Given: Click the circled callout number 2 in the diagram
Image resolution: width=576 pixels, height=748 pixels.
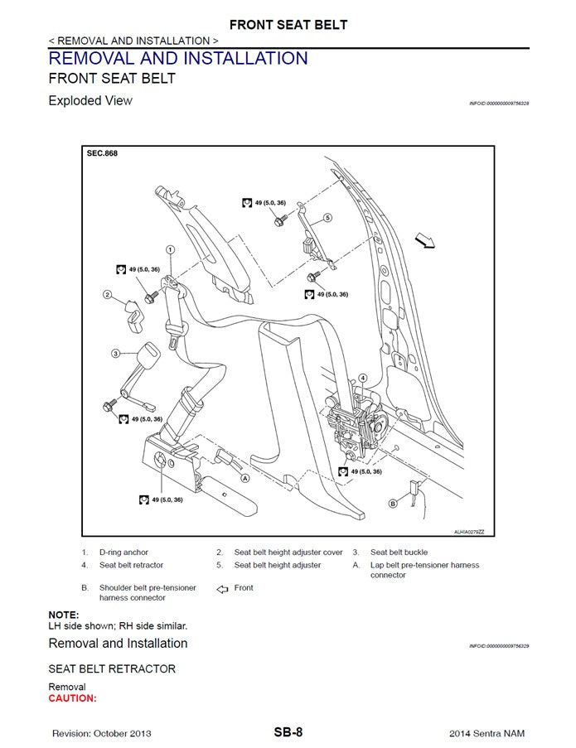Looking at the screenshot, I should [107, 294].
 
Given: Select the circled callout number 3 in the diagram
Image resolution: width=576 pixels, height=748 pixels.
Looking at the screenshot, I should [115, 354].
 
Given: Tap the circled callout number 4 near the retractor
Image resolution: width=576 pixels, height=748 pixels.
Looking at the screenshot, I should [362, 378].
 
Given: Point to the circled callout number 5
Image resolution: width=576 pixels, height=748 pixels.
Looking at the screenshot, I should [327, 218].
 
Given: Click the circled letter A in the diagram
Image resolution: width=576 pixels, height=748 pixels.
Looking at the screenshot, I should [245, 478].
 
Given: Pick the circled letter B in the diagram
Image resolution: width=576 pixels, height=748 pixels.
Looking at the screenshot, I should [393, 502].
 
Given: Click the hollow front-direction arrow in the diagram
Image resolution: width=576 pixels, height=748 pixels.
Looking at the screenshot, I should [425, 240].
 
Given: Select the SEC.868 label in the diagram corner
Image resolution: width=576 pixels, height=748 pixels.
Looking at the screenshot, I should [102, 153].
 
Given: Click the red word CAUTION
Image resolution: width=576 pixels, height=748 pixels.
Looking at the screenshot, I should [73, 698].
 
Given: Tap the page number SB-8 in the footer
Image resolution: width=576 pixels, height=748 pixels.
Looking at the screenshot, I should [288, 732].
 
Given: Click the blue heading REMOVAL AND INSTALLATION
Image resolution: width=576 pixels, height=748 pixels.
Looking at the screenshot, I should [178, 59].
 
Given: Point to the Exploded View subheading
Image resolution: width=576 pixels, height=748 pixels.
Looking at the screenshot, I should [90, 101].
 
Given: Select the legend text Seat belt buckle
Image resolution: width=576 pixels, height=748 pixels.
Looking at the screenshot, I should [399, 552].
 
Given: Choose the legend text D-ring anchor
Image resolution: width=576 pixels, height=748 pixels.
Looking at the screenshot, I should [124, 552].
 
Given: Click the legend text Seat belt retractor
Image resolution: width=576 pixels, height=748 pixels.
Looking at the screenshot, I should [131, 565].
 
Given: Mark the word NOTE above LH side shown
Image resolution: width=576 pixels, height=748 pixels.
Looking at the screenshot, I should [64, 615].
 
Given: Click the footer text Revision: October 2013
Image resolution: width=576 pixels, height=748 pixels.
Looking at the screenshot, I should [101, 733].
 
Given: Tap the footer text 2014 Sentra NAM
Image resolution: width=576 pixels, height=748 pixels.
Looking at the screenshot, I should [486, 733].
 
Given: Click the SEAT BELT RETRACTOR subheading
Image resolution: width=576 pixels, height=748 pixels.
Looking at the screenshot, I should [112, 668].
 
